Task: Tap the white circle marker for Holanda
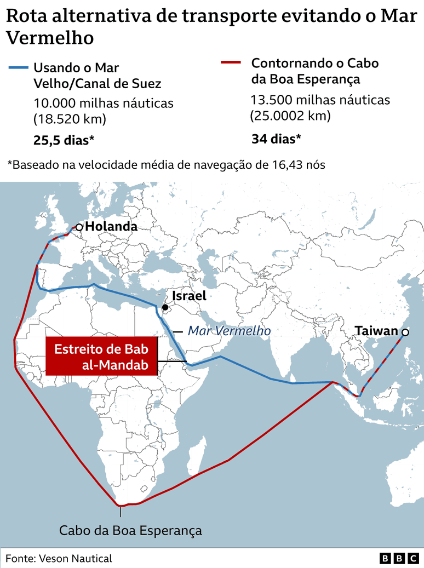(79, 227)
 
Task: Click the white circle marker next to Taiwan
(405, 332)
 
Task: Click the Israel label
(189, 296)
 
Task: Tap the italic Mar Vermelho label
(229, 331)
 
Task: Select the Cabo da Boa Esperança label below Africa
(130, 530)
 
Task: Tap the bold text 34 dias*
(276, 139)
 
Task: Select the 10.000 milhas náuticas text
(104, 103)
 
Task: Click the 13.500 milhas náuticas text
(320, 100)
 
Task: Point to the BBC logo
(399, 558)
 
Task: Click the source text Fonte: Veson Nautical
(59, 558)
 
